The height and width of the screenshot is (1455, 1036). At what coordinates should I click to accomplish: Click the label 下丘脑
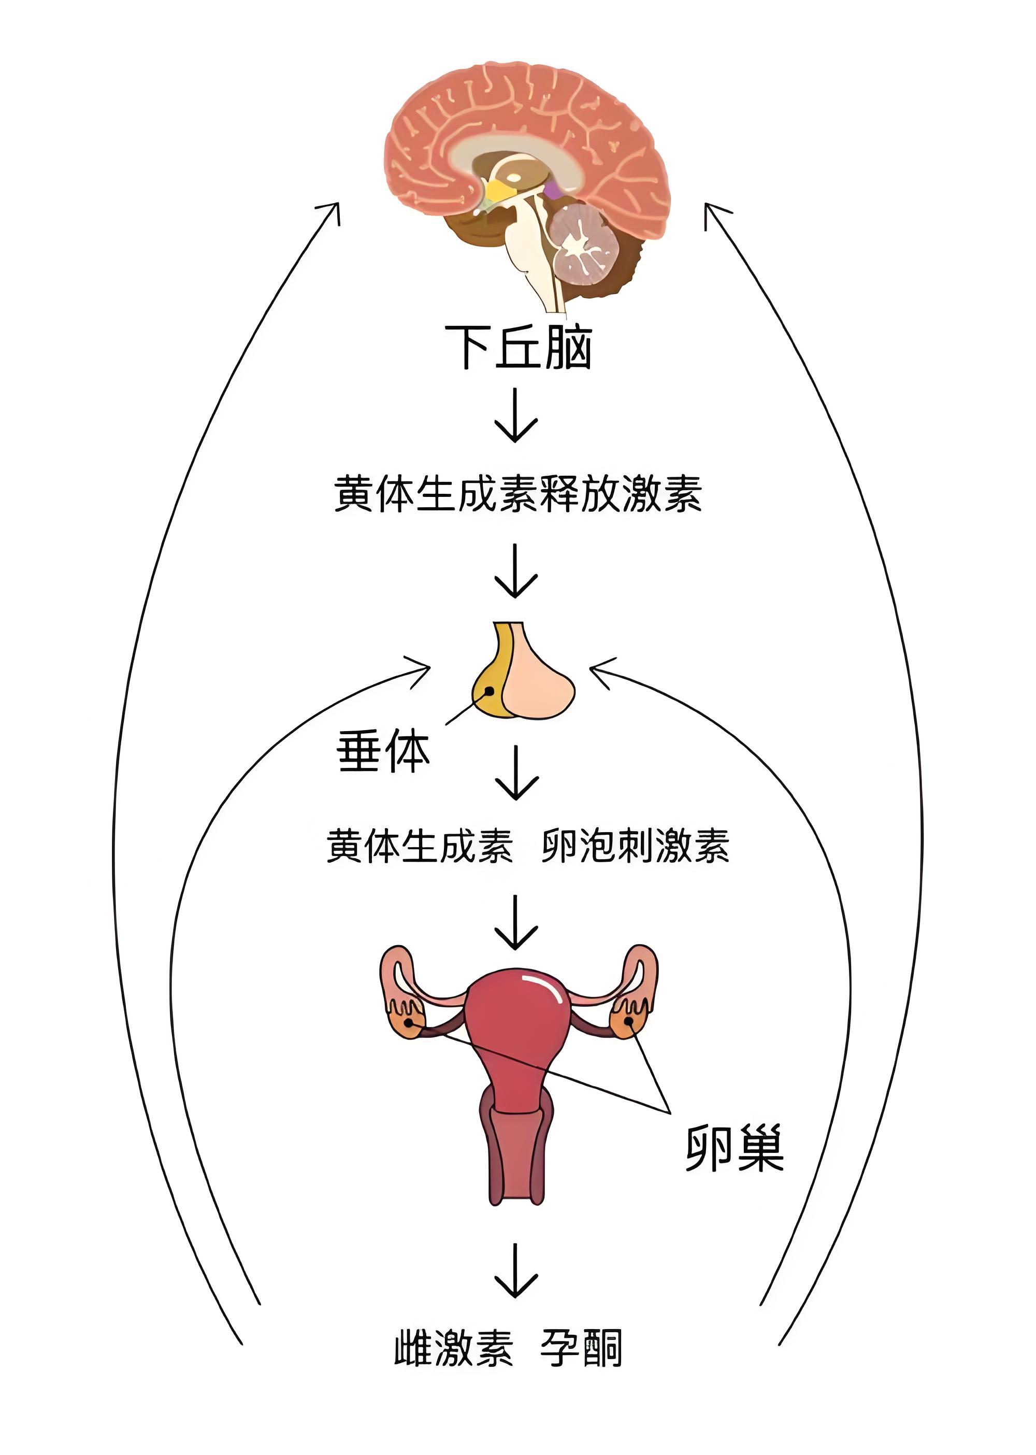pyautogui.click(x=518, y=347)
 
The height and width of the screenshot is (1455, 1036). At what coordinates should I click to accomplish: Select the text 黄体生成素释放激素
pyautogui.click(x=518, y=494)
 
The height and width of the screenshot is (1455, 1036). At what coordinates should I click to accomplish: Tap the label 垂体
pyautogui.click(x=383, y=751)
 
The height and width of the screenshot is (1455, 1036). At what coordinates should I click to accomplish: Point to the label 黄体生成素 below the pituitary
pyautogui.click(x=420, y=846)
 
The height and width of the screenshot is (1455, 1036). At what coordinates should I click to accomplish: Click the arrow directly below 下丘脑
pyautogui.click(x=515, y=415)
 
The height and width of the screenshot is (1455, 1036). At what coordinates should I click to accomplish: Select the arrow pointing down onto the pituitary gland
pyautogui.click(x=515, y=570)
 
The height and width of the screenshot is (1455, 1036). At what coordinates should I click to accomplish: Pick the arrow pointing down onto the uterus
pyautogui.click(x=515, y=922)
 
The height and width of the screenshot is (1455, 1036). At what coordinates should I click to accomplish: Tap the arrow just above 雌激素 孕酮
pyautogui.click(x=515, y=1270)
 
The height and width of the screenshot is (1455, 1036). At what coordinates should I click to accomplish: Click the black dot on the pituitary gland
pyautogui.click(x=488, y=691)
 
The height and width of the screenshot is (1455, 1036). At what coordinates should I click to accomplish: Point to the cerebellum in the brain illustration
pyautogui.click(x=584, y=241)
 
